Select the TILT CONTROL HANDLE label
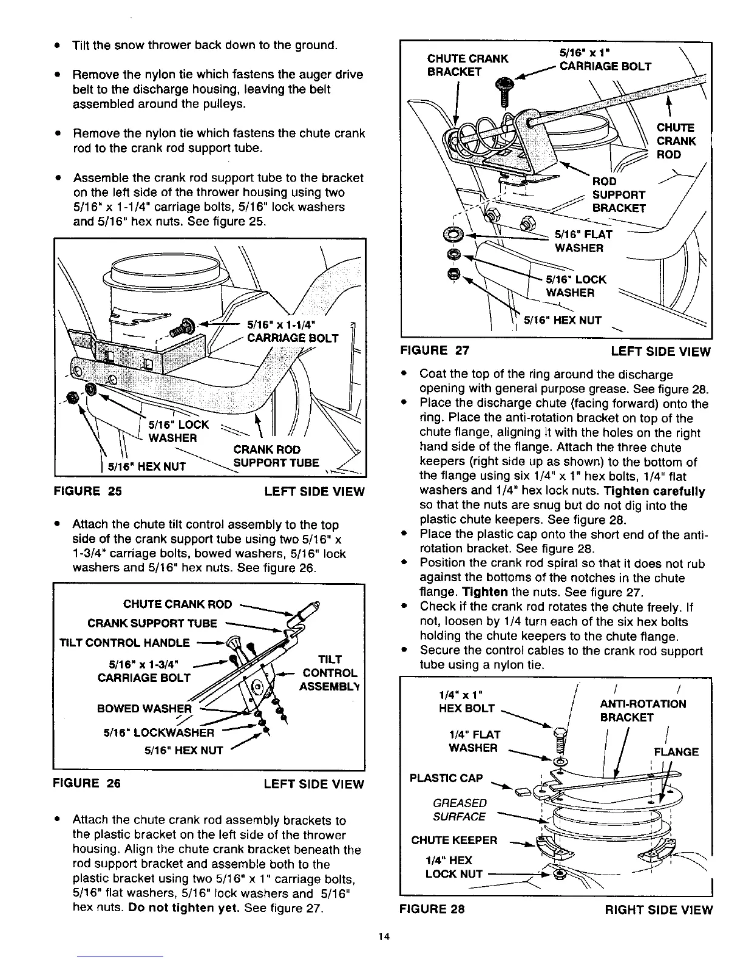click(x=124, y=643)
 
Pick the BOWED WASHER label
click(x=144, y=709)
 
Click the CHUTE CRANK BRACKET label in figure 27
click(x=467, y=65)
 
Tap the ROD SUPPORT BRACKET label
click(x=619, y=195)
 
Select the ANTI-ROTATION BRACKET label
click(x=643, y=711)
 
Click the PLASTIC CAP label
click(x=446, y=779)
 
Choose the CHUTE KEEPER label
click(x=454, y=841)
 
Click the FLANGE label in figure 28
click(x=676, y=752)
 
